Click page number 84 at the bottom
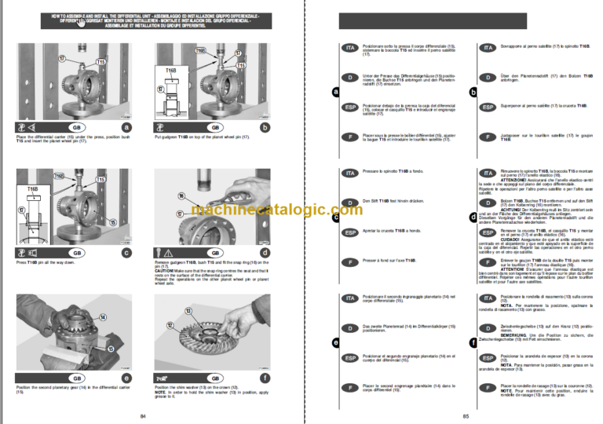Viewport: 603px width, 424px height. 142,415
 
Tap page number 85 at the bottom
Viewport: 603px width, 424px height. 466,415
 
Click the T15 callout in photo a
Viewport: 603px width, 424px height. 100,62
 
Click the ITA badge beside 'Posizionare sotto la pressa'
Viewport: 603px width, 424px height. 349,48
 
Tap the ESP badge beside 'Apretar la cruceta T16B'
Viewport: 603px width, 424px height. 349,233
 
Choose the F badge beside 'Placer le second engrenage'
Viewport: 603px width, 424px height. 349,387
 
